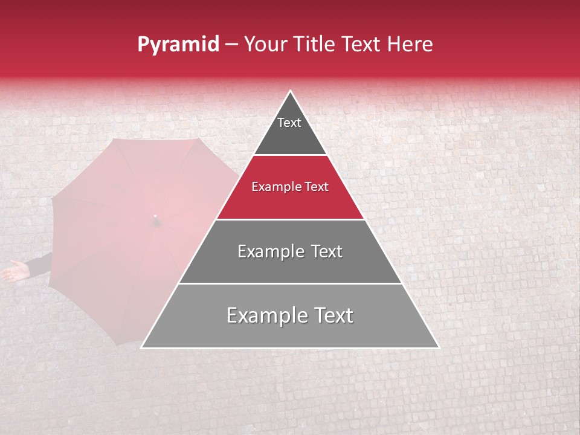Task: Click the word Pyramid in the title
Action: tap(178, 45)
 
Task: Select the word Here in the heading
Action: tap(411, 45)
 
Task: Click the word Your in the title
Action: tap(265, 45)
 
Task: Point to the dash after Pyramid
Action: tap(231, 45)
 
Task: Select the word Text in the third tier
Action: tap(325, 251)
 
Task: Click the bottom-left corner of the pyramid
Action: tap(142, 347)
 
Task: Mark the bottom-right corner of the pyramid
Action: tap(438, 347)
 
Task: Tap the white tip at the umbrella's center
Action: tap(155, 216)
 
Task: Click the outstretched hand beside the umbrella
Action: tap(14, 271)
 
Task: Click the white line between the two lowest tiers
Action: tap(290, 283)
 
